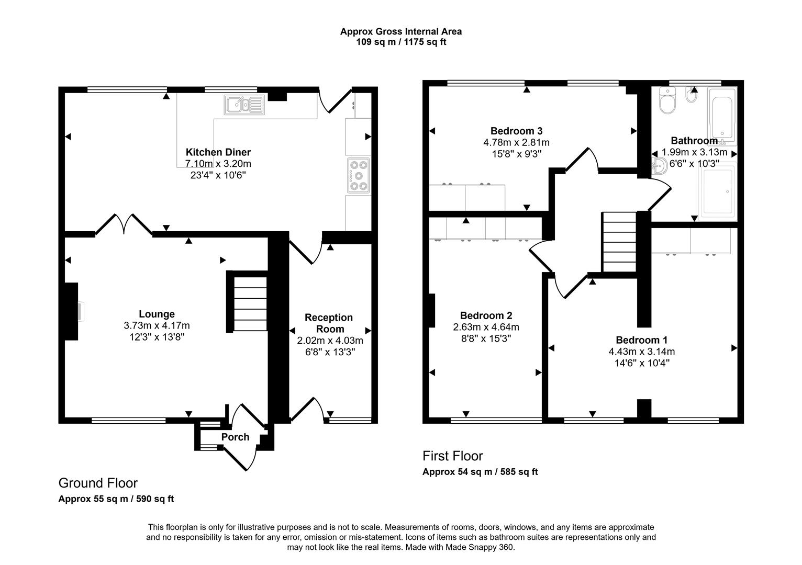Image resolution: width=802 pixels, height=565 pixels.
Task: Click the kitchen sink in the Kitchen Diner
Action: pyautogui.click(x=244, y=105)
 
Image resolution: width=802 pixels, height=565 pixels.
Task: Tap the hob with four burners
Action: pyautogui.click(x=359, y=175)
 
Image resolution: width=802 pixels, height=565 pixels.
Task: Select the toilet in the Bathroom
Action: pyautogui.click(x=667, y=100)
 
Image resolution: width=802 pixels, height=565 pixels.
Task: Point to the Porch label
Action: pyautogui.click(x=235, y=437)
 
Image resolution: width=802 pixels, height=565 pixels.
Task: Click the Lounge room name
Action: pyautogui.click(x=157, y=314)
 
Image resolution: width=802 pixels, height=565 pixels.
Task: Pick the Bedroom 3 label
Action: pyautogui.click(x=516, y=131)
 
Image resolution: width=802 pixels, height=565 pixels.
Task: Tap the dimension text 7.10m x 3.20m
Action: pyautogui.click(x=218, y=164)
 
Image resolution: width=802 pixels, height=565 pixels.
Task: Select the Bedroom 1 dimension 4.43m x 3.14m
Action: pyautogui.click(x=642, y=352)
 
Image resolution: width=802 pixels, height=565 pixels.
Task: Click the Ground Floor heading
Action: pyautogui.click(x=98, y=483)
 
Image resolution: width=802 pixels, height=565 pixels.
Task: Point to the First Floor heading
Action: pyautogui.click(x=452, y=456)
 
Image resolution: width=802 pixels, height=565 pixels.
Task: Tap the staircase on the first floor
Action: pyautogui.click(x=619, y=242)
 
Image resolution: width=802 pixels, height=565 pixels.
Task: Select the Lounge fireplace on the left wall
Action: pyautogui.click(x=72, y=311)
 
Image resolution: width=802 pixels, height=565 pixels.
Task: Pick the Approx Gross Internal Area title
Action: pyautogui.click(x=401, y=31)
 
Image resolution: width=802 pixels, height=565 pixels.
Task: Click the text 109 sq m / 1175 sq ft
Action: pyautogui.click(x=401, y=42)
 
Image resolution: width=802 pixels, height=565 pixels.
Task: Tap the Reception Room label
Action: pyautogui.click(x=329, y=323)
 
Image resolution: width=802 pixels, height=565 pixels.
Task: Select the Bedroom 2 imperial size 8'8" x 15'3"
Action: pyautogui.click(x=486, y=338)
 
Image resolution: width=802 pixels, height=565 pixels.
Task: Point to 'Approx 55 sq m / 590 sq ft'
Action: pyautogui.click(x=116, y=499)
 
